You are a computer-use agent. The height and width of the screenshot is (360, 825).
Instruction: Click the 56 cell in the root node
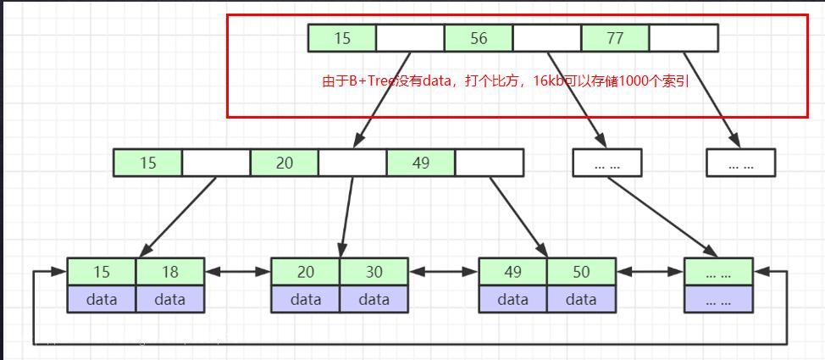[479, 38]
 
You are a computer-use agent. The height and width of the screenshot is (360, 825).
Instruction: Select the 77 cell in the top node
[615, 38]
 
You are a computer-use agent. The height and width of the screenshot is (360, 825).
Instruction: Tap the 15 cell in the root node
[342, 38]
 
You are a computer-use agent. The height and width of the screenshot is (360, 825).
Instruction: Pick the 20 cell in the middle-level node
[284, 163]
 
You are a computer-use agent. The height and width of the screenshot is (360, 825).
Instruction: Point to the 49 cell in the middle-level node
[421, 163]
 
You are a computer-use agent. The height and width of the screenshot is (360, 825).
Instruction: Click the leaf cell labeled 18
[170, 272]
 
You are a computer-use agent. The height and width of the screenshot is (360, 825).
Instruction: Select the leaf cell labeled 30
[374, 272]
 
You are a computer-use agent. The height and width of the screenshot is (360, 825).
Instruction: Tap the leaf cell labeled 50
[581, 272]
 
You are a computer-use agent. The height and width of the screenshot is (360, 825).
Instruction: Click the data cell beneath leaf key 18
[170, 299]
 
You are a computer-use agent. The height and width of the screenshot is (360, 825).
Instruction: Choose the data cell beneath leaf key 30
[374, 299]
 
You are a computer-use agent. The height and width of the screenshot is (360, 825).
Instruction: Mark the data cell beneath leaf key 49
[513, 299]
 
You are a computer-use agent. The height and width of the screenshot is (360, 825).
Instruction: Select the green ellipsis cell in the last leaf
[718, 272]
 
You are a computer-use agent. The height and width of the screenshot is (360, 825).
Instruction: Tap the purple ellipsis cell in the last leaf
[718, 299]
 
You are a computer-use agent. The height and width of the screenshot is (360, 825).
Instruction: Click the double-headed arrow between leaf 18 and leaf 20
[238, 272]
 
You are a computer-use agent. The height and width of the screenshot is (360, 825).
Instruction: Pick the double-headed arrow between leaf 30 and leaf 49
[444, 272]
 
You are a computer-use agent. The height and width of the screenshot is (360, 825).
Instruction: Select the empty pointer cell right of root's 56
[547, 38]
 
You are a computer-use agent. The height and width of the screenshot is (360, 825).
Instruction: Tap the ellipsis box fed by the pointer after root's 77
[741, 163]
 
